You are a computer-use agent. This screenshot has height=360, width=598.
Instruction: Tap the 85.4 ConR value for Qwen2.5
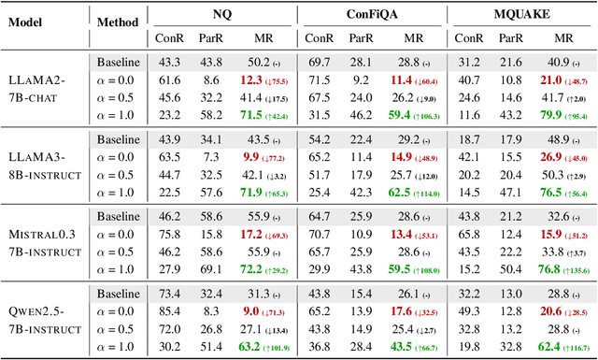170,310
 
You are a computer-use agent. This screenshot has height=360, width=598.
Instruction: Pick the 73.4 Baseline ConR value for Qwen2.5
170,293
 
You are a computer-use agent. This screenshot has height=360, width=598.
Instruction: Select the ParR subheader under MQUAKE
510,38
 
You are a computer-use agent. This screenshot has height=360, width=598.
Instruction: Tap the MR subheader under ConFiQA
414,38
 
